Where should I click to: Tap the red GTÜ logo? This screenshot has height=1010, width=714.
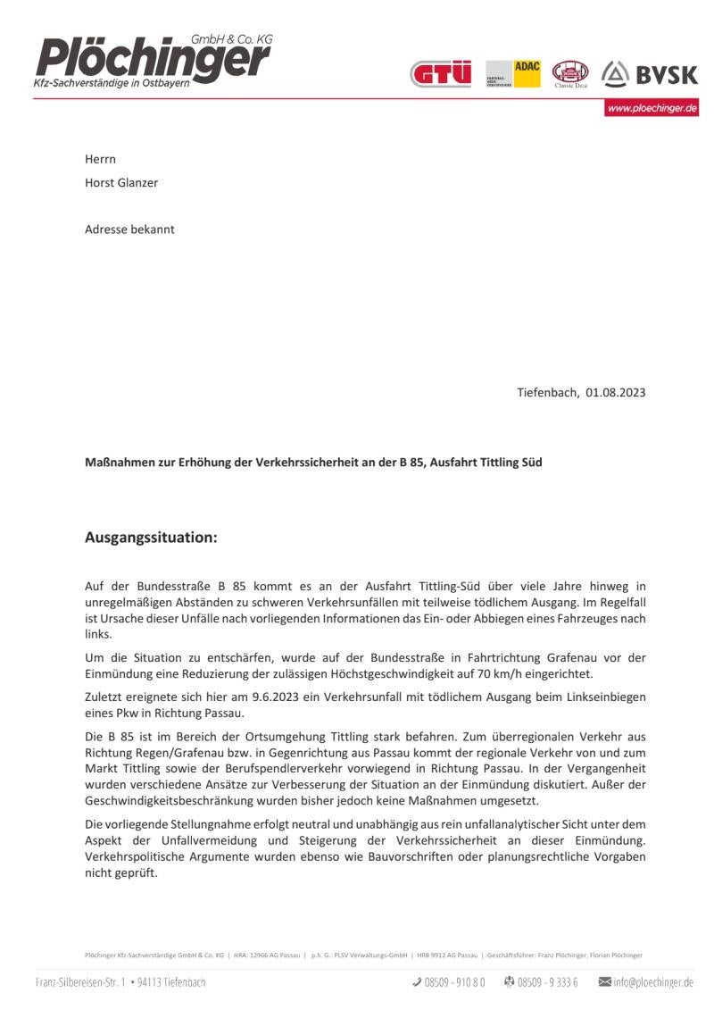[x=440, y=74]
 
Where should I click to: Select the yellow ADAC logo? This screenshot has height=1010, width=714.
[x=513, y=74]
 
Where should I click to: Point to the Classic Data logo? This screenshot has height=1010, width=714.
[x=570, y=73]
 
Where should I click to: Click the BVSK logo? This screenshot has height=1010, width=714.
[x=650, y=74]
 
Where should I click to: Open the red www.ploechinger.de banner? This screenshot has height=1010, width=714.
[x=652, y=108]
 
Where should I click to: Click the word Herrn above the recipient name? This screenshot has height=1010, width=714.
[x=100, y=160]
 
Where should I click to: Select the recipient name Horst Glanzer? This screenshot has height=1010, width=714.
[x=121, y=183]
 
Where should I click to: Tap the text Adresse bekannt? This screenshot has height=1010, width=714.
[x=129, y=230]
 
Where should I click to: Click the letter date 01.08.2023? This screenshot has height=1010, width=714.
[x=616, y=392]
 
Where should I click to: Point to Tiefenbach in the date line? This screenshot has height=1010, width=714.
[x=547, y=392]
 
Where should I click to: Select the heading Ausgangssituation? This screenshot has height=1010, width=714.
[x=151, y=538]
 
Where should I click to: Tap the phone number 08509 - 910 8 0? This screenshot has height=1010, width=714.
[x=454, y=982]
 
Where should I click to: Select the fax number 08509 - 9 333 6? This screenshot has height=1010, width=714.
[x=547, y=982]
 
